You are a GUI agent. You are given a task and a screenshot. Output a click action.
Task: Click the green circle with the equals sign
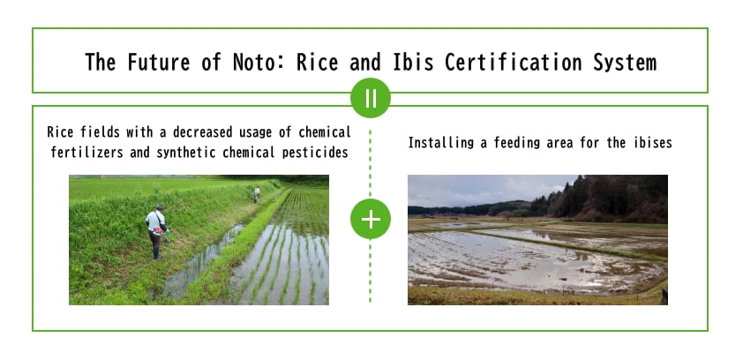click(370, 98)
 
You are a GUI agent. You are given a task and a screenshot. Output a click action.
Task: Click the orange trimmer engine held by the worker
click(160, 232)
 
